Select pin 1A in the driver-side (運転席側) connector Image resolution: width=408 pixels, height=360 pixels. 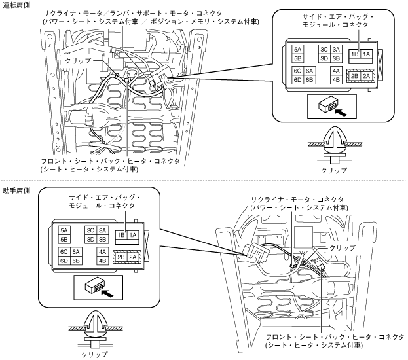pos(366,53)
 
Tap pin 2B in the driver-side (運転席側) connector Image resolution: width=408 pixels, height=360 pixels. pos(354,76)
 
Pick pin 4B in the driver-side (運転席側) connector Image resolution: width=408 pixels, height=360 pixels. pos(335,80)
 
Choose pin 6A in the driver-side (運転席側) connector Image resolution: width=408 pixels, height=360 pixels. pos(310,70)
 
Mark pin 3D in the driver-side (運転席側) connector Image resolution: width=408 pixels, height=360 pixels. pos(324,57)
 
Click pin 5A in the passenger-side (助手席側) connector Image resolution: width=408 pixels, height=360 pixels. pos(64,230)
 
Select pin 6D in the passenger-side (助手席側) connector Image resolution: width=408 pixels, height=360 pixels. pos(64,260)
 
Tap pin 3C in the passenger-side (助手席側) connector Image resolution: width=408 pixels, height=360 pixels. pos(90,230)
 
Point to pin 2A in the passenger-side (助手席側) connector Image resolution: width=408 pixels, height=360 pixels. pos(133,257)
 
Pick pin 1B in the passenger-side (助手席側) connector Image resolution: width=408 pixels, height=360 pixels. pos(121,235)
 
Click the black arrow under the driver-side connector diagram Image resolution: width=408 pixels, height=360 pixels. pos(339,111)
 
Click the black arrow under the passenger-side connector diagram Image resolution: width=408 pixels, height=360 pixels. pos(104,293)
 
